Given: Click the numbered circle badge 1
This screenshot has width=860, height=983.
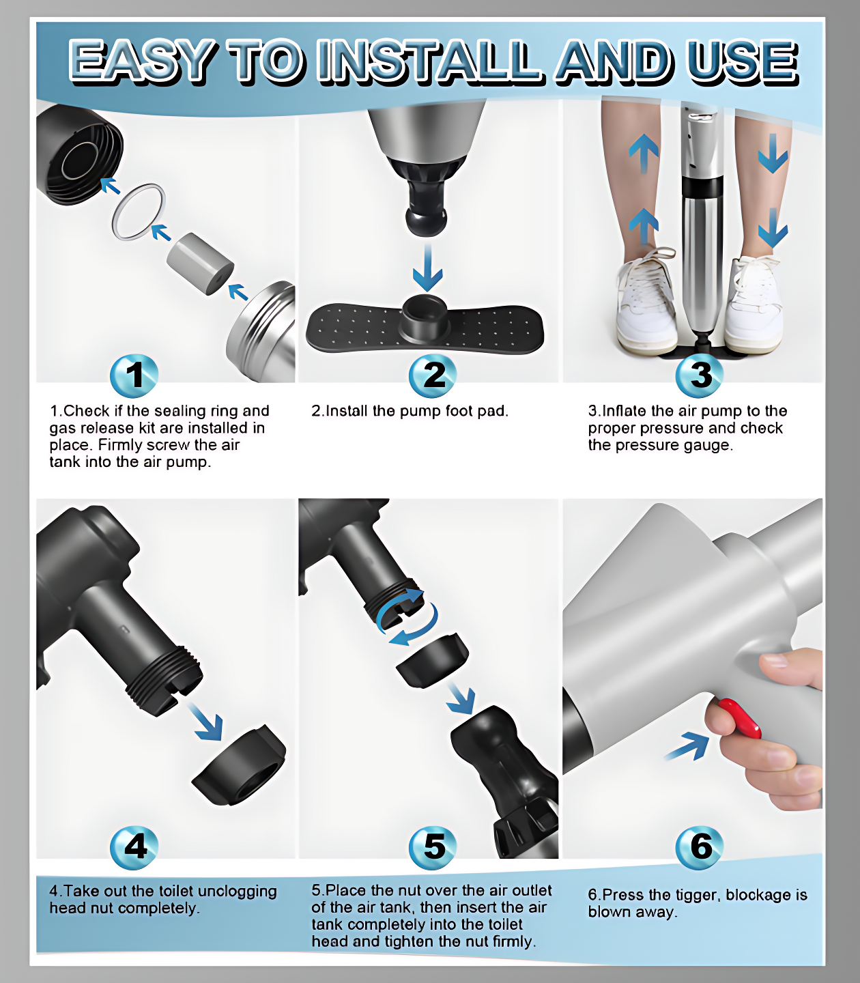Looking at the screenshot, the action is pos(134,375).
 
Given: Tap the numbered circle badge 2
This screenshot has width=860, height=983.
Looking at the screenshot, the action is pos(433,375).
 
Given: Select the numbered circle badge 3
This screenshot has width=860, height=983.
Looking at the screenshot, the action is pos(700,375).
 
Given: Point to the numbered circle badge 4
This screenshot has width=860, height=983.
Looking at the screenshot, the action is pos(134,848).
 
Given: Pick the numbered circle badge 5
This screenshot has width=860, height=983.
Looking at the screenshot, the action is pos(433,848).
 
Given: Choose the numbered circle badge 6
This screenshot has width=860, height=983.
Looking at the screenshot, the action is pos(700,848).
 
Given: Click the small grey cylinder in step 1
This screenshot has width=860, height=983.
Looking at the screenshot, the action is pos(201,263).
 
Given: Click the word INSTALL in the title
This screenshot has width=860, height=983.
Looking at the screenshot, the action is pos(429,61).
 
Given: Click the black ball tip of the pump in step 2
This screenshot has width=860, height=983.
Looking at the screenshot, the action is pos(427,223).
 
